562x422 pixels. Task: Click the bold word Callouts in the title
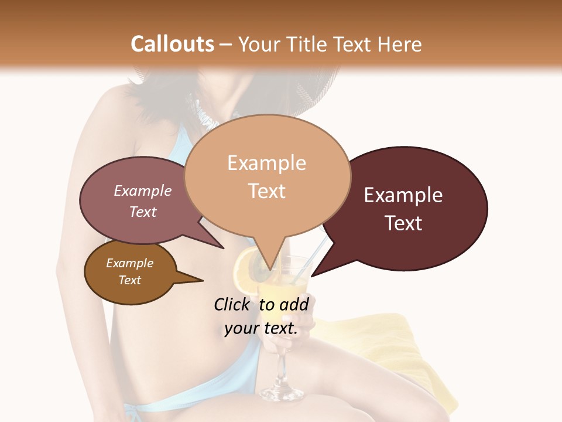[172, 44]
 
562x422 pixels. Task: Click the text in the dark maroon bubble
[403, 209]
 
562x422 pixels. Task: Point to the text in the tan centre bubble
[266, 176]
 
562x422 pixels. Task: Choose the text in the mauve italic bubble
[142, 201]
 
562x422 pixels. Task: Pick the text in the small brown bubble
[129, 271]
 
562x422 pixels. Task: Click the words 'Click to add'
[261, 304]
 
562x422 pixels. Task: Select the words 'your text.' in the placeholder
[261, 328]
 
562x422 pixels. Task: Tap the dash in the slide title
[225, 45]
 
